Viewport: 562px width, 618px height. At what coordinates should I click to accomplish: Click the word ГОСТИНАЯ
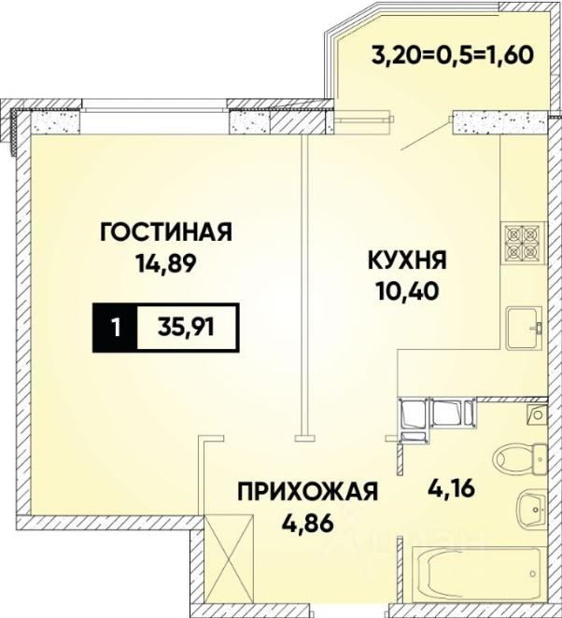(x=166, y=232)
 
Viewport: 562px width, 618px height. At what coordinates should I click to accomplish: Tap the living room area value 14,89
(x=165, y=263)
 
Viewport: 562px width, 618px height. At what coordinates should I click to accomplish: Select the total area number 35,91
(x=186, y=327)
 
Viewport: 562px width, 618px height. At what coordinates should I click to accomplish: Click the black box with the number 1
(x=115, y=327)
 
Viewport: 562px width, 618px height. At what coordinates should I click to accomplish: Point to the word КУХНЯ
(x=408, y=260)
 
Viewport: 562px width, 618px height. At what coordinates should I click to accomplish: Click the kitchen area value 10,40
(x=408, y=291)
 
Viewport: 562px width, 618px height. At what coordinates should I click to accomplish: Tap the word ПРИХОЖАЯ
(x=308, y=492)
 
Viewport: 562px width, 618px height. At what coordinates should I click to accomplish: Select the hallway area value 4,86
(x=308, y=524)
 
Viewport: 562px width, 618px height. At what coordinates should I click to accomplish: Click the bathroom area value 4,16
(x=452, y=489)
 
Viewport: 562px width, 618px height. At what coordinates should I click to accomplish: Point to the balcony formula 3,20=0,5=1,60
(x=453, y=55)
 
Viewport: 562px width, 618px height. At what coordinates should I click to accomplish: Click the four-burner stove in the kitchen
(x=524, y=242)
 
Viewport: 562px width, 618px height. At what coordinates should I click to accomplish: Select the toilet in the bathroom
(x=519, y=458)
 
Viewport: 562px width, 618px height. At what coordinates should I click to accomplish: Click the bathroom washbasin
(x=530, y=507)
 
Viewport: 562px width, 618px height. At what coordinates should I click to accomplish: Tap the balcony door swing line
(x=426, y=136)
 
